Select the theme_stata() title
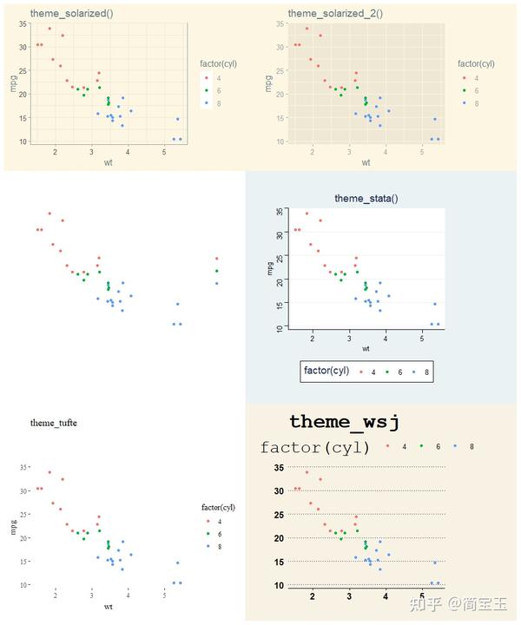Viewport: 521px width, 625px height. pos(366,198)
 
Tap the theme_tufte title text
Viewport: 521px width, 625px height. pos(53,423)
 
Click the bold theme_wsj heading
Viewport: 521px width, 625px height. pos(344,422)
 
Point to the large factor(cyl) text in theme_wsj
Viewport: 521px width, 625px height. pos(315,448)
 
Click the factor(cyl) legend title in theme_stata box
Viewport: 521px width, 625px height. pos(326,371)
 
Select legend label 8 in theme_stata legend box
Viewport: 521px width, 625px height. pos(426,372)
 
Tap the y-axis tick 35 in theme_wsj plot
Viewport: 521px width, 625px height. pos(279,468)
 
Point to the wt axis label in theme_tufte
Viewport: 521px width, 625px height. pos(107,606)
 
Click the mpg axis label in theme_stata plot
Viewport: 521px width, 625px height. pos(269,268)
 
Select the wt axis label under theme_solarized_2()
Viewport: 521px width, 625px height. pos(366,162)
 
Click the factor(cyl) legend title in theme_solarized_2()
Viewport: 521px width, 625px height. pos(476,63)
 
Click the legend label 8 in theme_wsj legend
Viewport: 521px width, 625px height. pos(472,446)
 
